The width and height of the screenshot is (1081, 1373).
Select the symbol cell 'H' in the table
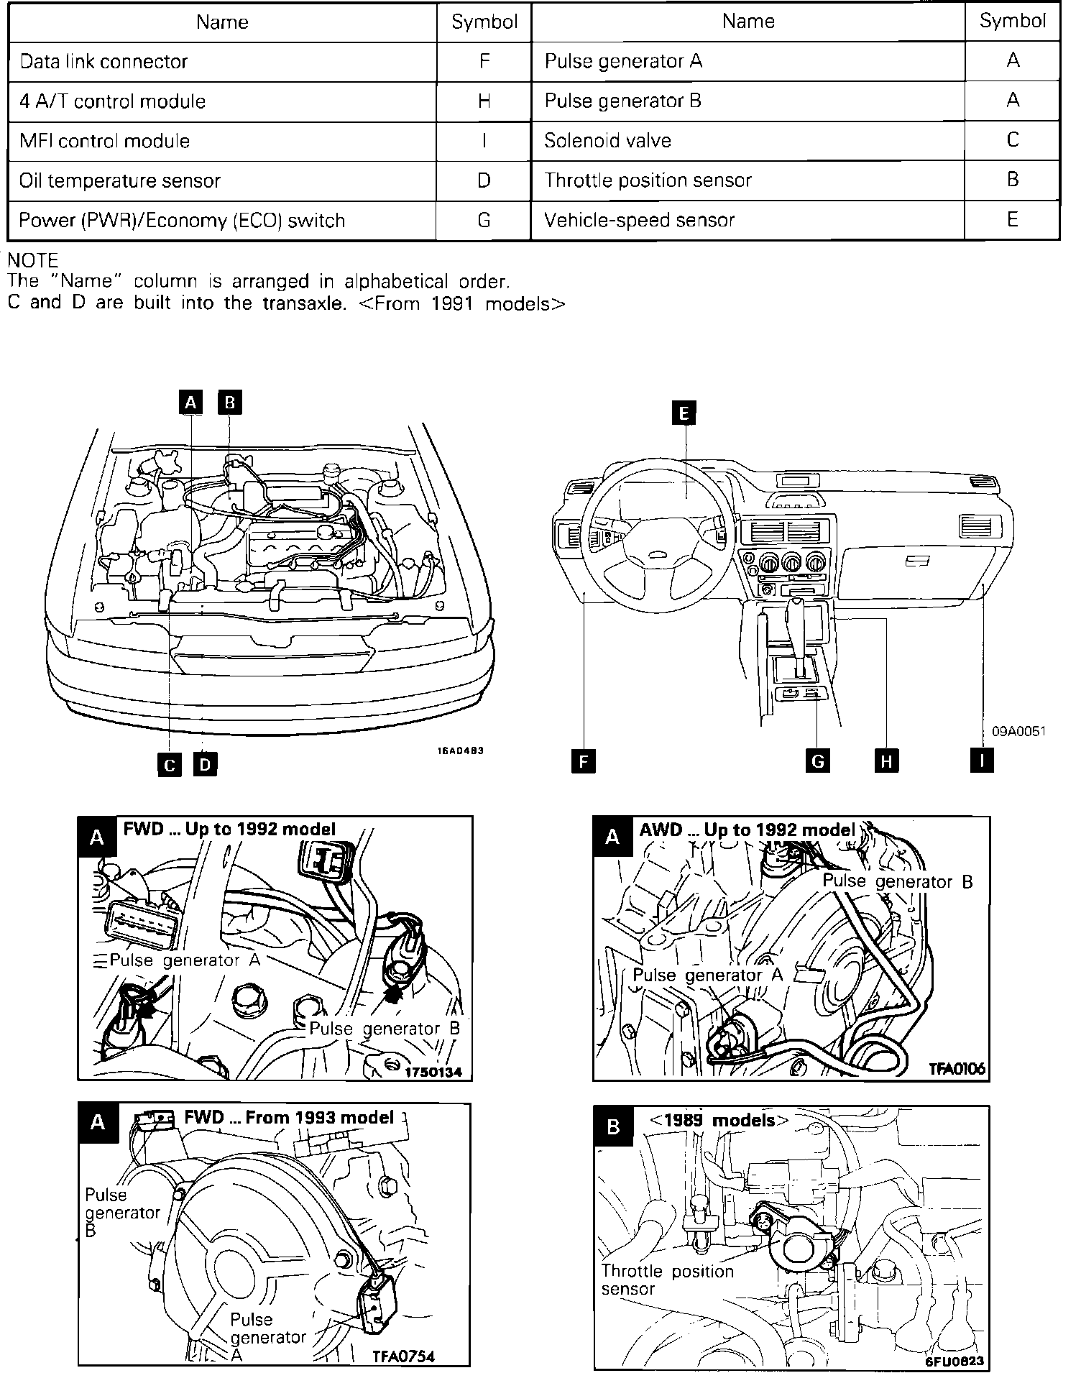(484, 101)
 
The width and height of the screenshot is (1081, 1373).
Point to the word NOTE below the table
(32, 260)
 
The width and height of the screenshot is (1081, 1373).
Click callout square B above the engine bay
(230, 402)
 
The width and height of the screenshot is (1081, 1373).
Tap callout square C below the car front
(170, 764)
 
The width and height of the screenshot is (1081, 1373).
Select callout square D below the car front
(205, 764)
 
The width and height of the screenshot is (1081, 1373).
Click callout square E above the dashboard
(684, 413)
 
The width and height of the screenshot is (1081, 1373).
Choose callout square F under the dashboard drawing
(583, 761)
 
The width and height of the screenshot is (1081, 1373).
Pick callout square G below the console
(817, 761)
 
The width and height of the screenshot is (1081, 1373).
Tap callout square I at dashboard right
(982, 761)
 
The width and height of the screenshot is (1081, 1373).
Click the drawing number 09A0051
(1018, 732)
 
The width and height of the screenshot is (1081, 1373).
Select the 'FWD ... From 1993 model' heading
(289, 1117)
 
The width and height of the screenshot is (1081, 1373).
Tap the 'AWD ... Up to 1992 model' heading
(747, 830)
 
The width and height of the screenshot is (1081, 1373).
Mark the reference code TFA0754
(403, 1356)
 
